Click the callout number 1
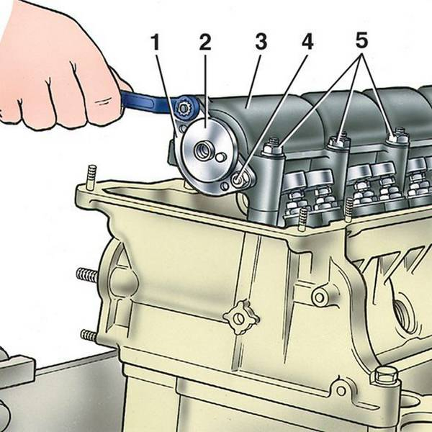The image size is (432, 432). pos(156,42)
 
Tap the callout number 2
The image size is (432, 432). pos(205,42)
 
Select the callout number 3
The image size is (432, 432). pos(261,42)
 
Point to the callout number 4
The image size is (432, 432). pos(307,42)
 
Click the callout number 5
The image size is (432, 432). pos(361,40)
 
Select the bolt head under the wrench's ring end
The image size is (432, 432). pos(183,109)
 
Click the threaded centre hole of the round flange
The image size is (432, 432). pos(202,150)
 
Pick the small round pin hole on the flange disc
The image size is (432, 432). pos(220,158)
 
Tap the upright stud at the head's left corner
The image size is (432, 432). pos(91,177)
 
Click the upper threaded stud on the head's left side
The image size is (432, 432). pos(87,275)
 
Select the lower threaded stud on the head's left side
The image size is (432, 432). pos(89,335)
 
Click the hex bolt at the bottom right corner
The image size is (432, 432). pos(384,378)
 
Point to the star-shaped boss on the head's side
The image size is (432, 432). pos(240,318)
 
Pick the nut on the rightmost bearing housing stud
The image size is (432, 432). pos(397,135)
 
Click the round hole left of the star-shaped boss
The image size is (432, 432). pos(320,297)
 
